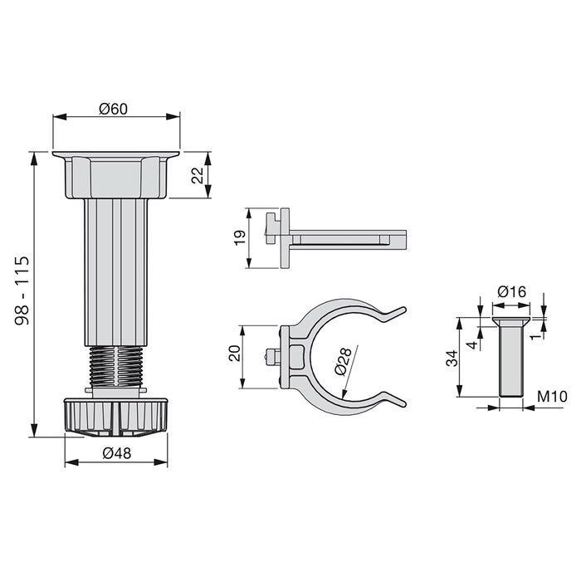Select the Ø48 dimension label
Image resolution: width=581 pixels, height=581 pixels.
click(x=115, y=454)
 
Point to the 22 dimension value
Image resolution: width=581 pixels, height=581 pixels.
click(x=196, y=176)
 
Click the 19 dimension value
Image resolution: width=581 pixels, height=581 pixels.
click(x=237, y=238)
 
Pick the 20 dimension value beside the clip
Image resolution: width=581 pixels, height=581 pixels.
click(x=235, y=355)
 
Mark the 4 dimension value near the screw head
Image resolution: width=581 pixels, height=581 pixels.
click(x=470, y=343)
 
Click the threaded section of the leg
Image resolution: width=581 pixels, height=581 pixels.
click(x=116, y=366)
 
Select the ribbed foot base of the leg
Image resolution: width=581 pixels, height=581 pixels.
click(x=116, y=415)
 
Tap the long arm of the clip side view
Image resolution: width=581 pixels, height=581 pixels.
click(x=349, y=239)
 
